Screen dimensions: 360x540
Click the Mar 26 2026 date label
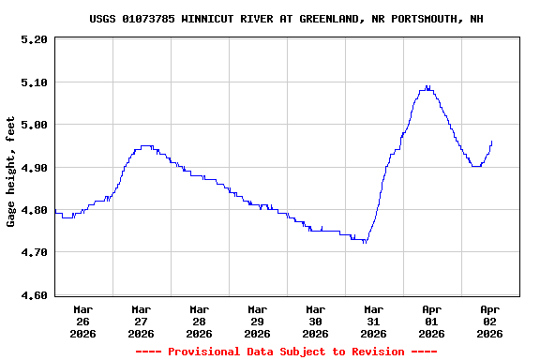82,321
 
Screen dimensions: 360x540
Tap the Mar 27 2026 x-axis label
141,321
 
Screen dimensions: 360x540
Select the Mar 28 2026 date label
199,321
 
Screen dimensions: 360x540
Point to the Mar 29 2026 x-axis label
257,321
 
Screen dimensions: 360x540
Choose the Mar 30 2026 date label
315,321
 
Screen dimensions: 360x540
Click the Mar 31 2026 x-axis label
373,321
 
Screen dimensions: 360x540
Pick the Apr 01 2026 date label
431,321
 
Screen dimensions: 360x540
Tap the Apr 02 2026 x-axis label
489,321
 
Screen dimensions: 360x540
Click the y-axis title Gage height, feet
11,172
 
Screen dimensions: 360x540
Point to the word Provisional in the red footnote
208,352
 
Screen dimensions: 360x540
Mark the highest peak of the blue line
427,87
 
